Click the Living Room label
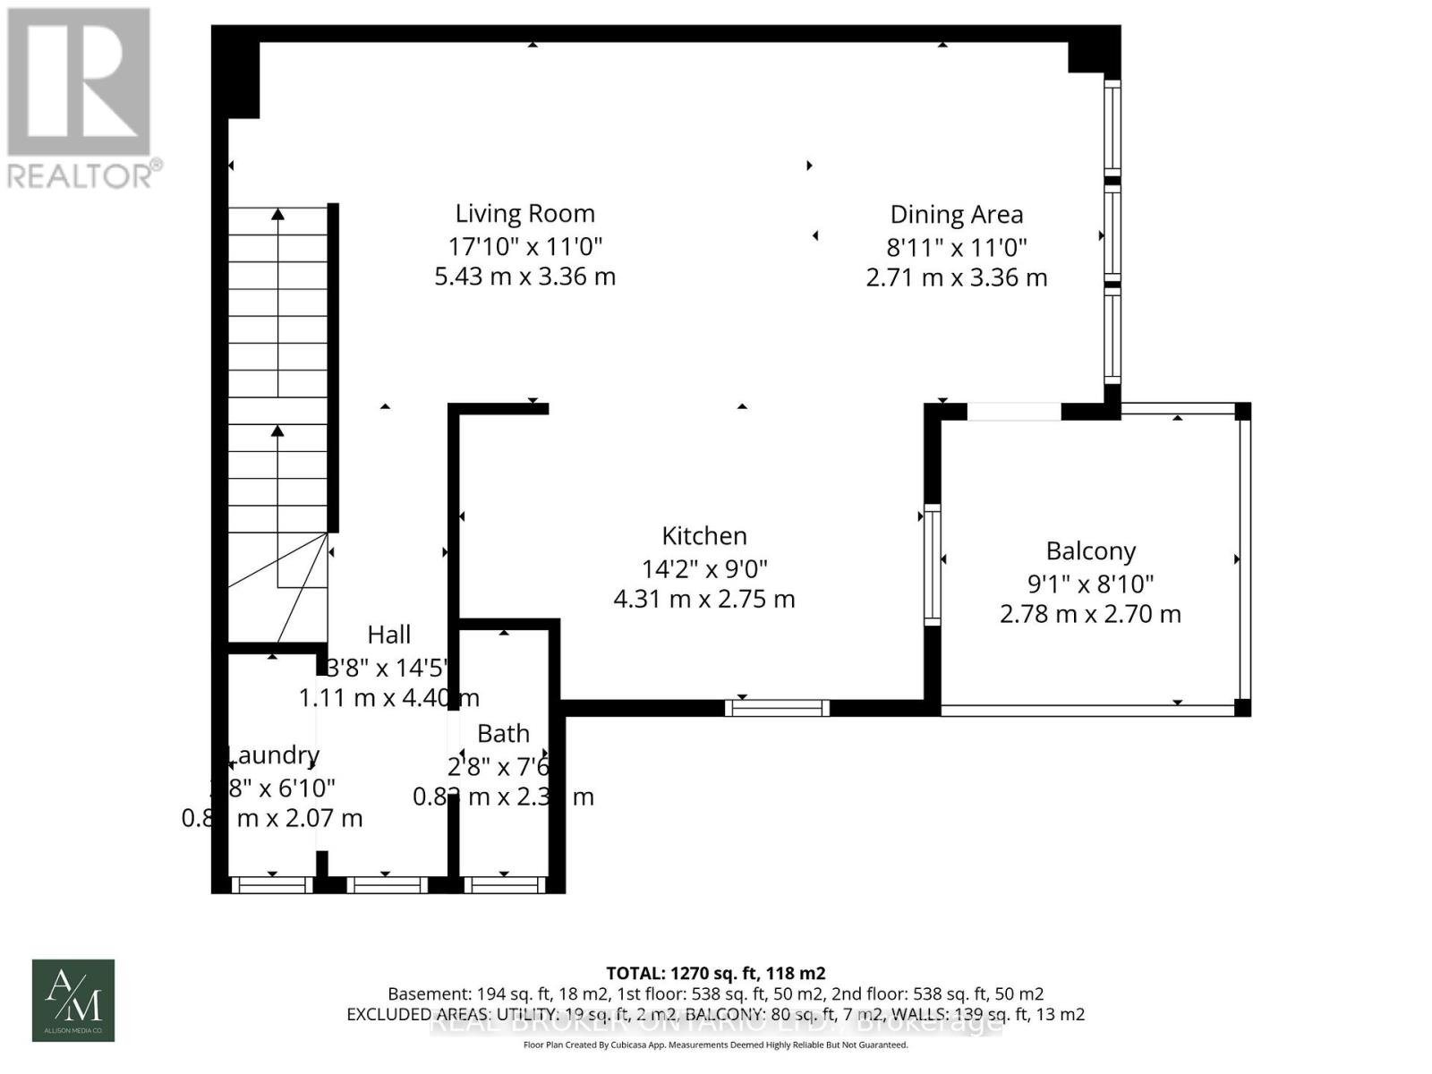pyautogui.click(x=524, y=214)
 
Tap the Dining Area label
pyautogui.click(x=956, y=215)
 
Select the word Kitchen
pyautogui.click(x=703, y=536)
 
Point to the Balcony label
pyautogui.click(x=1090, y=551)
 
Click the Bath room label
pyautogui.click(x=503, y=734)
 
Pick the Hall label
pyautogui.click(x=388, y=635)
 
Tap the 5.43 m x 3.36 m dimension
pyautogui.click(x=524, y=277)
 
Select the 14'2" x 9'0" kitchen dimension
pyautogui.click(x=703, y=568)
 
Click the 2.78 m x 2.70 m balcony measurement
pyautogui.click(x=1090, y=614)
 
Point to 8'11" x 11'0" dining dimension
pyautogui.click(x=956, y=247)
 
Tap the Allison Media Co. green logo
pyautogui.click(x=73, y=1000)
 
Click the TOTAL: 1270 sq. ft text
pyautogui.click(x=715, y=973)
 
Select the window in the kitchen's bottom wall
pyautogui.click(x=777, y=708)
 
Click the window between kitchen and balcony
pyautogui.click(x=932, y=564)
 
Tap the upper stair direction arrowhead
pyautogui.click(x=277, y=214)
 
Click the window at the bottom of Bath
pyautogui.click(x=504, y=885)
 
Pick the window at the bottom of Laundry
pyautogui.click(x=272, y=885)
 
